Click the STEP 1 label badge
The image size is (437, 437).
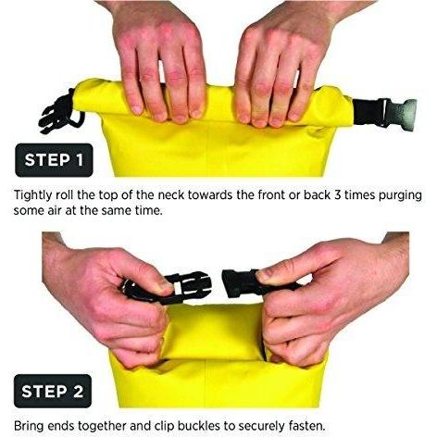(54, 160)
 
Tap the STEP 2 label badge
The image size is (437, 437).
(53, 391)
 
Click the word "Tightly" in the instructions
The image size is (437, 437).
(33, 196)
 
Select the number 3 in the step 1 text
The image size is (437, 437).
(338, 195)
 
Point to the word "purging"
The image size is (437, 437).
(400, 196)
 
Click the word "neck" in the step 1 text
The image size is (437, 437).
(170, 195)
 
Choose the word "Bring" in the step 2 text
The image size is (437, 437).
(29, 427)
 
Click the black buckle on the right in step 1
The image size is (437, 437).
(384, 114)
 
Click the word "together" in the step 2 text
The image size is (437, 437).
(102, 427)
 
